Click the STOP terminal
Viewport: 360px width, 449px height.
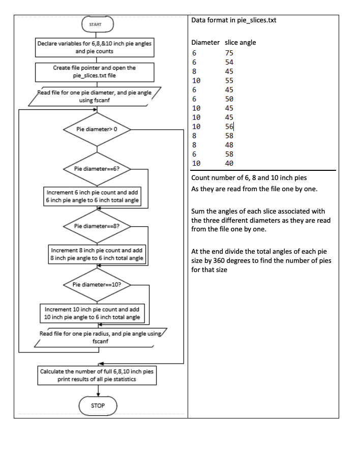[98, 405]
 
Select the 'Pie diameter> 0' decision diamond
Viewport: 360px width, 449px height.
[97, 129]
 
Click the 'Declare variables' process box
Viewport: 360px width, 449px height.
[95, 48]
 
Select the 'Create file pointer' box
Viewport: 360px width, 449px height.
[95, 71]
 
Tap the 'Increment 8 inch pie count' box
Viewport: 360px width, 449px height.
[98, 255]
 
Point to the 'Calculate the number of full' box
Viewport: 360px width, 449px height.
[97, 375]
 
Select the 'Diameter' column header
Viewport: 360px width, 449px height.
[205, 42]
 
